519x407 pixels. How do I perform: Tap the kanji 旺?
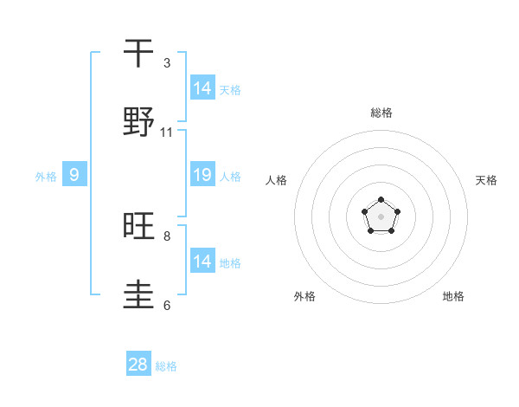coord(139,227)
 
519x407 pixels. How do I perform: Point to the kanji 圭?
coord(139,295)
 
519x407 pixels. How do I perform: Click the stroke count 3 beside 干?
coord(167,63)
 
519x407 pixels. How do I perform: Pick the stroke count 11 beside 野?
coord(167,132)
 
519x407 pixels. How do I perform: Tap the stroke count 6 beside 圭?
coord(167,305)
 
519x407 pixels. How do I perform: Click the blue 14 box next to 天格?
coord(202,88)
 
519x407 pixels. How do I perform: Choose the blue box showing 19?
coord(202,175)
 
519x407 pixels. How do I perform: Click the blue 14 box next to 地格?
coord(202,262)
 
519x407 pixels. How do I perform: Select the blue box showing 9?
coord(74,175)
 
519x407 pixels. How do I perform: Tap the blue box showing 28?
coord(138,365)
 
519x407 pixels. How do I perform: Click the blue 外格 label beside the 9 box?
coord(46,177)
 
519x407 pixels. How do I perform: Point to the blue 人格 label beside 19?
coord(230,177)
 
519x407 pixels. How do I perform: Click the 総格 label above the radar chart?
coord(381,113)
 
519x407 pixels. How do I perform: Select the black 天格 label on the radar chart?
coord(486,180)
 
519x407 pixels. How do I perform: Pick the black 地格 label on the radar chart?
coord(453,296)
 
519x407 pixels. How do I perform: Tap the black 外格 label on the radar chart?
coord(304,296)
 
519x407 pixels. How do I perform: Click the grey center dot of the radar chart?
coord(381,216)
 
